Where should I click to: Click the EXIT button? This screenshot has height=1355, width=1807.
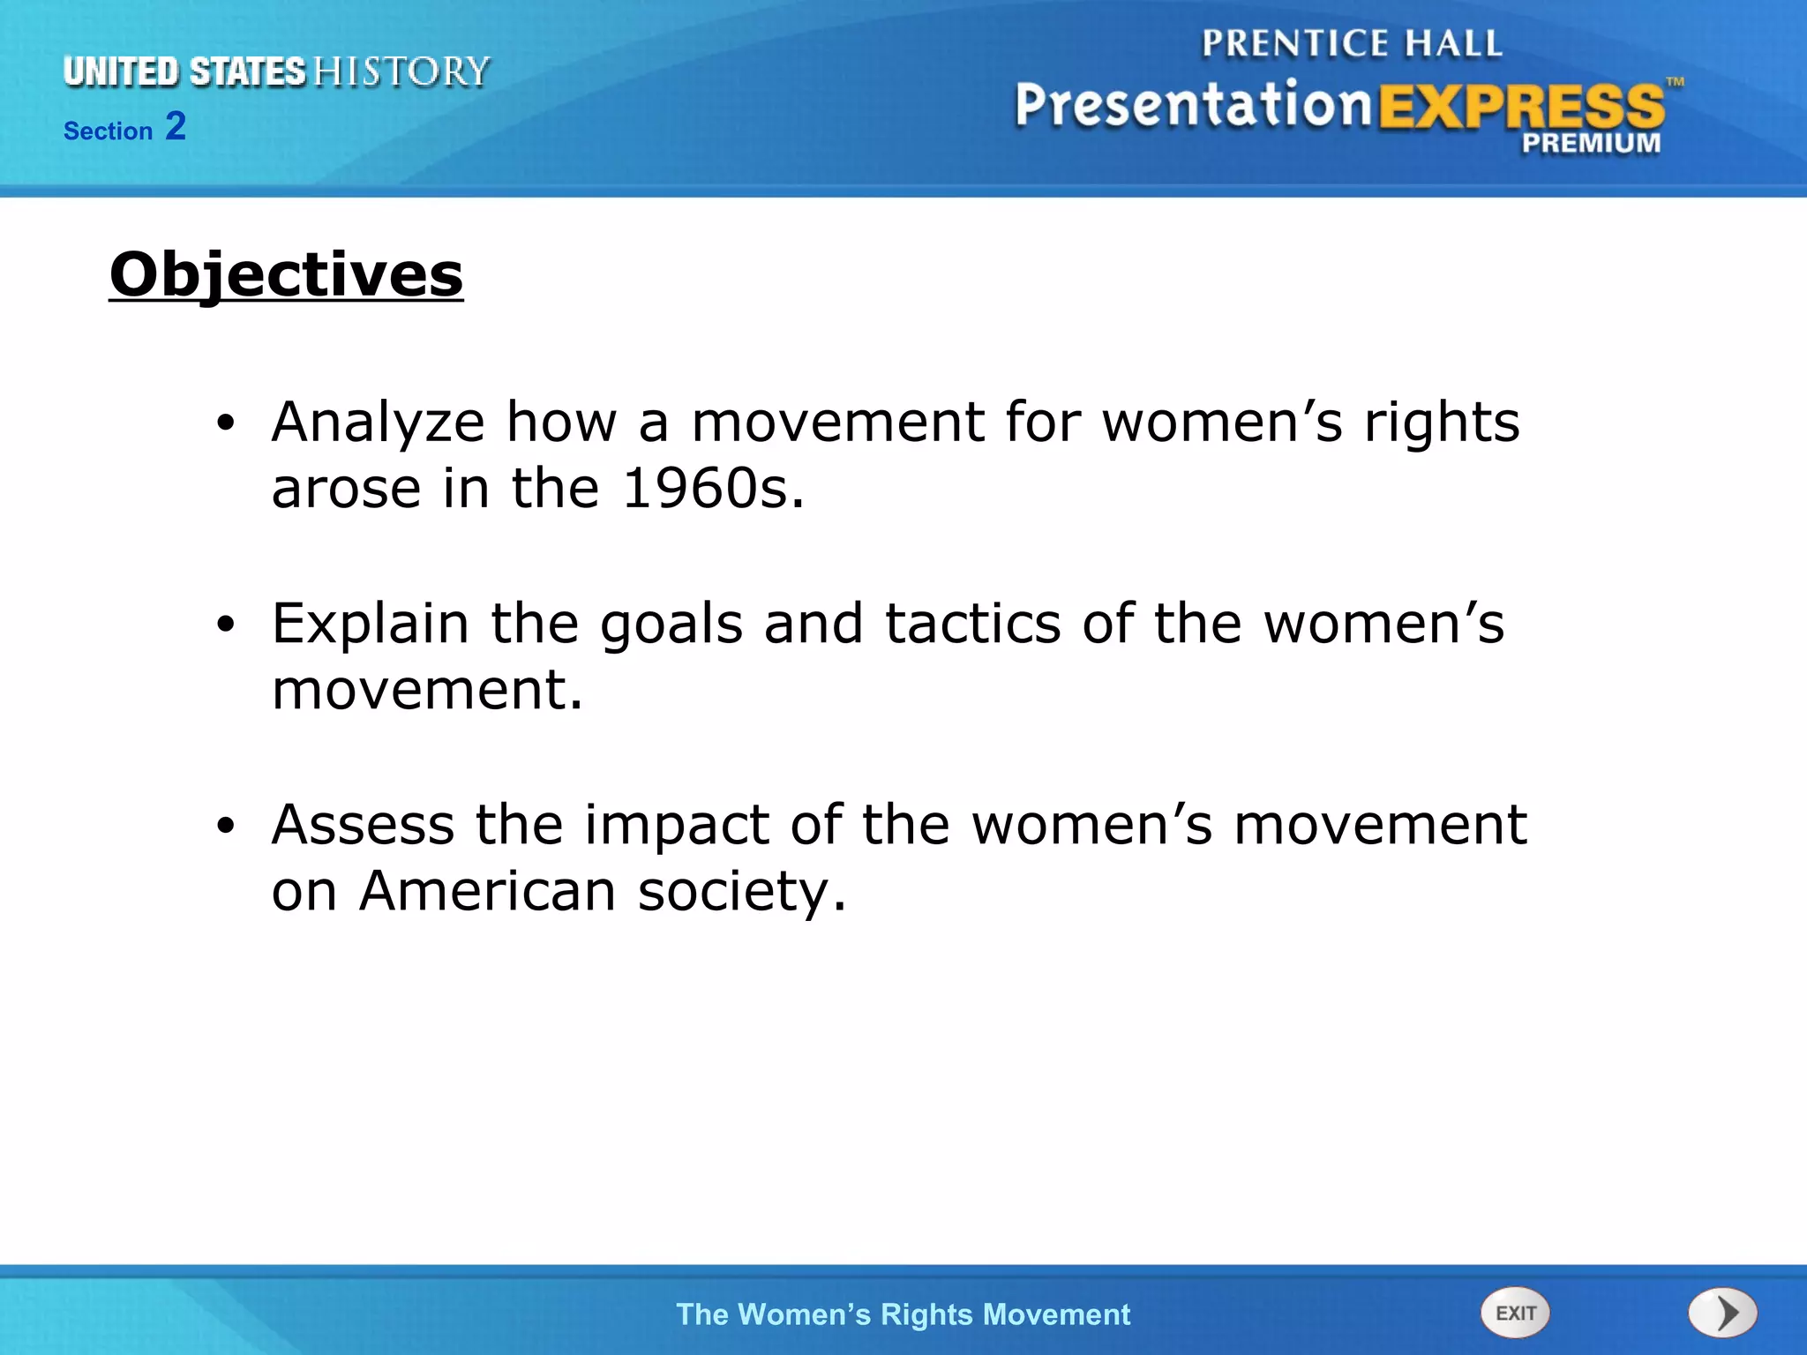coord(1515,1313)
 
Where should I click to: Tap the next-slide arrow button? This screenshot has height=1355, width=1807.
coord(1722,1313)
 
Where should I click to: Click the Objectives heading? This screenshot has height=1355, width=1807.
coord(286,275)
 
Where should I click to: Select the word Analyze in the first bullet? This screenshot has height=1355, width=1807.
coord(378,423)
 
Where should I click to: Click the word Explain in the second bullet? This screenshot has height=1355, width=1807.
coord(370,625)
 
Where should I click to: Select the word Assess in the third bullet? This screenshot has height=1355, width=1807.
coord(363,826)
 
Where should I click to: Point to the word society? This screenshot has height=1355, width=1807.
coord(742,893)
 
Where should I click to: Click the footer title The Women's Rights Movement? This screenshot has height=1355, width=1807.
coord(903,1314)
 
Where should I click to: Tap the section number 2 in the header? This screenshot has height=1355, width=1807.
coord(176,126)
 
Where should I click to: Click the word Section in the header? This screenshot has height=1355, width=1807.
coord(108,131)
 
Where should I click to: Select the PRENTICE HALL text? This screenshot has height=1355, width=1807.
coord(1351,44)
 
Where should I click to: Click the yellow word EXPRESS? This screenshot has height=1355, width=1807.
coord(1521,108)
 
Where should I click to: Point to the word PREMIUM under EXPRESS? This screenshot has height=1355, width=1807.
coord(1590,143)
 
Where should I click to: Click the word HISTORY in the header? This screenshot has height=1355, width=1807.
coord(401,72)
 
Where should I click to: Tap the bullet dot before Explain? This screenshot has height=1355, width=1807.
coord(226,625)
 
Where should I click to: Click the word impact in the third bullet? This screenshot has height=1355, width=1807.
coord(676,827)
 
